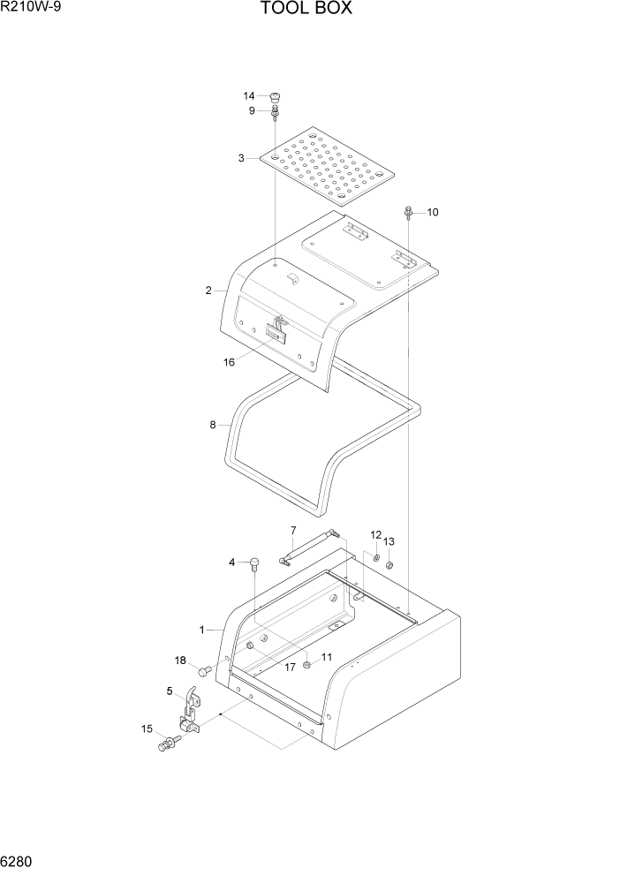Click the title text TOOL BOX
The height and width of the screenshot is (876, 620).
coord(306,10)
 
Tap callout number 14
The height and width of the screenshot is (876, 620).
coord(249,95)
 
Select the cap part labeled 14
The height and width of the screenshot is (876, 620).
coord(276,96)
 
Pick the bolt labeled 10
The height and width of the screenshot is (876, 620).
coord(409,212)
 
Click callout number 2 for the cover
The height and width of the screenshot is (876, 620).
coord(208,291)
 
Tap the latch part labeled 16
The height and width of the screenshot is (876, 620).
coord(278,330)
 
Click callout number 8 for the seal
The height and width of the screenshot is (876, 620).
coord(213,425)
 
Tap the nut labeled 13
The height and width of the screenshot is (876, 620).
coord(389,566)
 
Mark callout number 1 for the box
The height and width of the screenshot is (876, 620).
coord(202,630)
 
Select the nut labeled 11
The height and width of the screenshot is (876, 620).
coord(306,665)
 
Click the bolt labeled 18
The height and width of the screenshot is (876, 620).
coord(204,671)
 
